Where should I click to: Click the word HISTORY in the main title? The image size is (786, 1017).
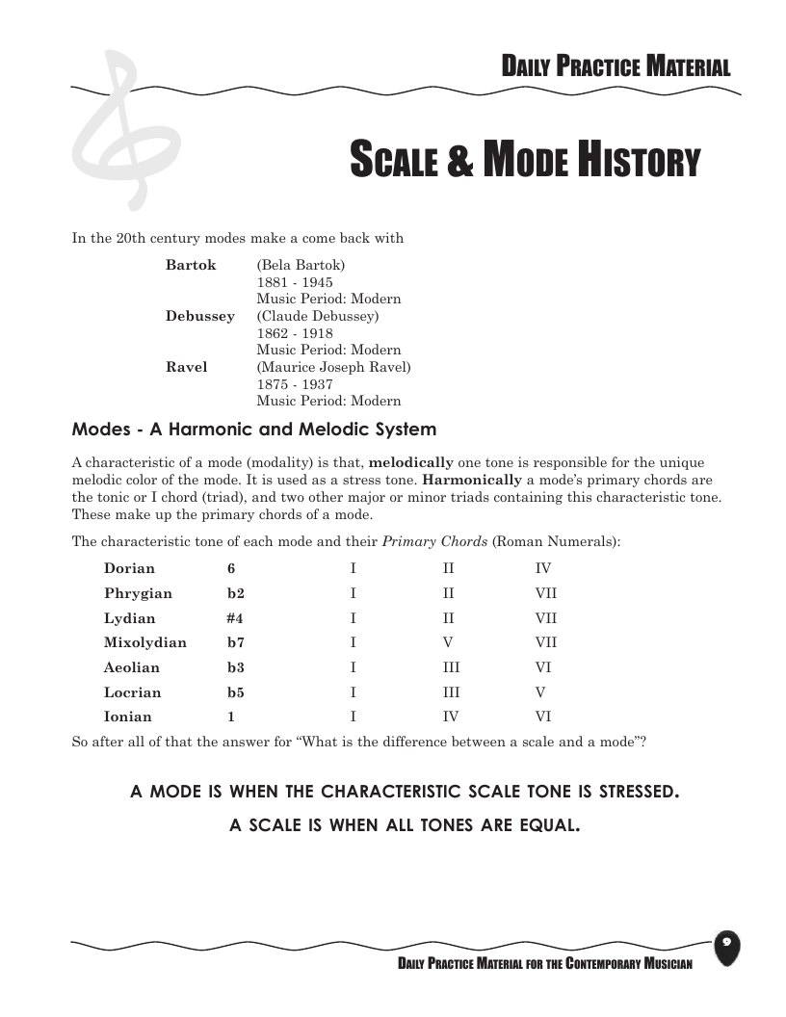tap(638, 162)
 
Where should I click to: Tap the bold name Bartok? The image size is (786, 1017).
tap(191, 265)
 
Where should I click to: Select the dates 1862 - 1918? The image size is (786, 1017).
tap(295, 333)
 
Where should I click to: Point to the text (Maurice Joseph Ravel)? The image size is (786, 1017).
tap(333, 367)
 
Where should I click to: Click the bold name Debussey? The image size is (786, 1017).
tap(199, 316)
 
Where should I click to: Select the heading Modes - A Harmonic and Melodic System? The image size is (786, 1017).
tap(254, 430)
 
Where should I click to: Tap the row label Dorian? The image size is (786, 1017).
tap(129, 569)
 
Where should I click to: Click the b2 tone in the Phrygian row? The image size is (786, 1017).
tap(236, 593)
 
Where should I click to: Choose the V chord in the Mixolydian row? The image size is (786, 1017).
tap(448, 642)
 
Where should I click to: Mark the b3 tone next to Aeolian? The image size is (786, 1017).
tap(236, 667)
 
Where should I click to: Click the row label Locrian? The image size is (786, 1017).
tap(133, 692)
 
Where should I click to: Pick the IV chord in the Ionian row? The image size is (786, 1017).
tap(450, 717)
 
